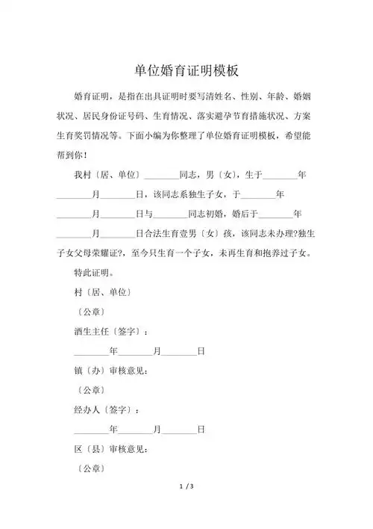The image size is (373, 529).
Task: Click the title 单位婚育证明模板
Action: (186, 70)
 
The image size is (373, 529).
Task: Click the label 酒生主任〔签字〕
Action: (111, 330)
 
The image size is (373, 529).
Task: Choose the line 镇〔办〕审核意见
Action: (111, 370)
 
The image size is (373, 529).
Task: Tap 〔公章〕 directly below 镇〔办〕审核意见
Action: (91, 389)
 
